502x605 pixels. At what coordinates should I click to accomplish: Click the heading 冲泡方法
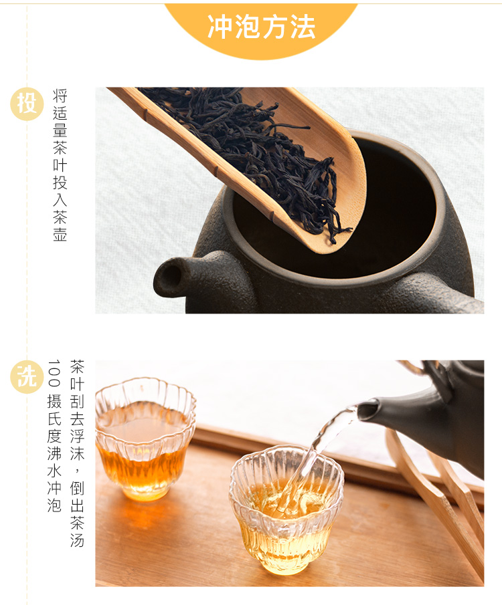(x=262, y=27)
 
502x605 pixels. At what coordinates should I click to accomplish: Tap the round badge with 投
(x=27, y=104)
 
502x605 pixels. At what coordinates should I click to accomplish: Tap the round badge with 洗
(x=27, y=376)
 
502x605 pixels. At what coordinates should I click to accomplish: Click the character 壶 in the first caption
(x=60, y=234)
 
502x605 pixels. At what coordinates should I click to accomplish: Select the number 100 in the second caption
(x=54, y=373)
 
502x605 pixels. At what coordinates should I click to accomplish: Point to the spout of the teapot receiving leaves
(x=169, y=277)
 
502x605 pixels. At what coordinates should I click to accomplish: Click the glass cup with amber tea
(x=145, y=439)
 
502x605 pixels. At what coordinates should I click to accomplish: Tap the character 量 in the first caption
(x=60, y=130)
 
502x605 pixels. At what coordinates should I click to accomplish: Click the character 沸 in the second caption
(x=54, y=453)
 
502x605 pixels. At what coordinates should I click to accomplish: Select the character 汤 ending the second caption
(x=77, y=539)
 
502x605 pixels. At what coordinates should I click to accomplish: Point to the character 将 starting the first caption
(x=60, y=96)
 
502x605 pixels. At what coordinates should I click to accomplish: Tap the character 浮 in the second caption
(x=77, y=436)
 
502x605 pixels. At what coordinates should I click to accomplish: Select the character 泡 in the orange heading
(x=248, y=27)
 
